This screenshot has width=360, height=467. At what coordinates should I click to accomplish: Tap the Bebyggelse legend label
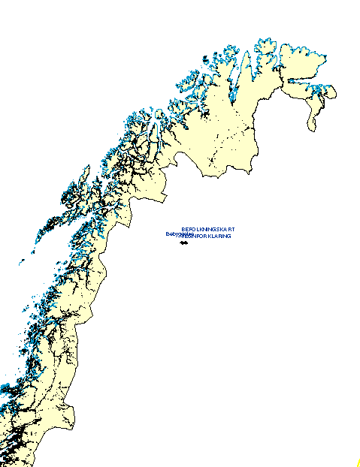(x=177, y=234)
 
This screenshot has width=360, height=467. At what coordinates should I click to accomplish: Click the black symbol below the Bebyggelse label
(x=183, y=241)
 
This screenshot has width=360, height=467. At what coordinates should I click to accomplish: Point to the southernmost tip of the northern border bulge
(x=210, y=174)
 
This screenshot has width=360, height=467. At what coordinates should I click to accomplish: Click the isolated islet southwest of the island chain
(x=21, y=263)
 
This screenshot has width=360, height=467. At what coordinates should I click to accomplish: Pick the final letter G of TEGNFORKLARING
(x=229, y=236)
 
